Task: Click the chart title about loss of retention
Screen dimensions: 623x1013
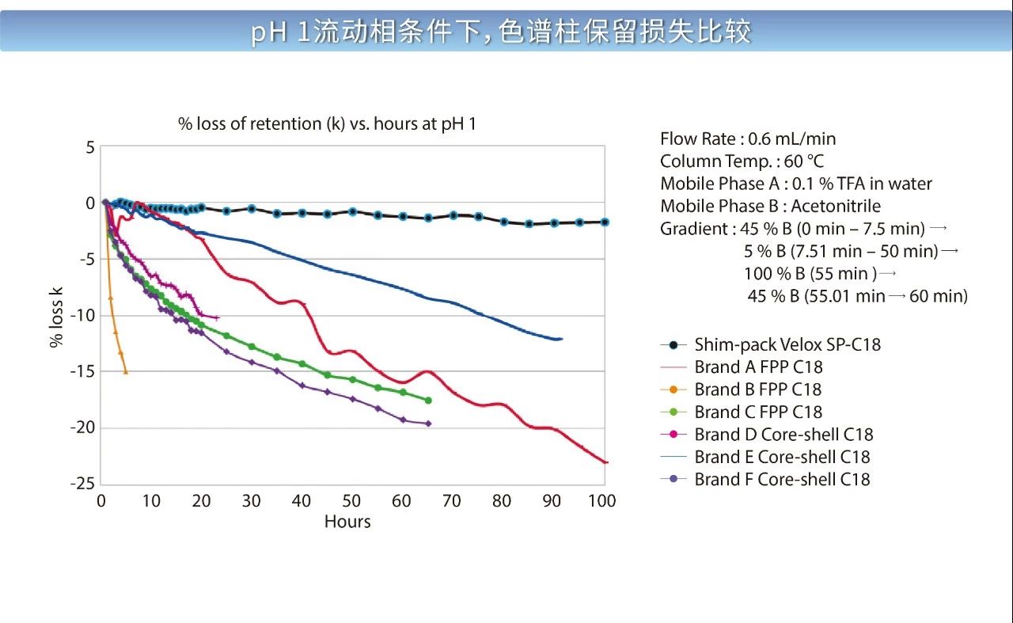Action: pos(326,124)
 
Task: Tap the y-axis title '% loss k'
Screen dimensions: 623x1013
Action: pos(56,316)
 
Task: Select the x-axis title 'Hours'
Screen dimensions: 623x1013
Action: pos(347,522)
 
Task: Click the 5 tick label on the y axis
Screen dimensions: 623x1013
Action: pos(89,147)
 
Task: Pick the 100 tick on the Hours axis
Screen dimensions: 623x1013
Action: pos(602,501)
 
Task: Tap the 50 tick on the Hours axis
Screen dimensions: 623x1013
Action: pos(352,501)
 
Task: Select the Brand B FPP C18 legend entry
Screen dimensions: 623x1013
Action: pos(757,389)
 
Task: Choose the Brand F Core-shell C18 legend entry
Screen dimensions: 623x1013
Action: pos(781,479)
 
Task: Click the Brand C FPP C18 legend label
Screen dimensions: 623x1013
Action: pos(757,412)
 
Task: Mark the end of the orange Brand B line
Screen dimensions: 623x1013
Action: pos(125,371)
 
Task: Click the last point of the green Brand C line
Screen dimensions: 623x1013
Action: pos(428,401)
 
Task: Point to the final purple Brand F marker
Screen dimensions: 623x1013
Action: pos(428,424)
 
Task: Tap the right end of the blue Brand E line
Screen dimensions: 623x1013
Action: pos(560,339)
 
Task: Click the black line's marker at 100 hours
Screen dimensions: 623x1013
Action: pos(605,222)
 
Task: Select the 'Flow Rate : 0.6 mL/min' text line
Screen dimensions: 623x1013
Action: pos(748,139)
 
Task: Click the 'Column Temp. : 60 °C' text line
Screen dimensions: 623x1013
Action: pos(742,161)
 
